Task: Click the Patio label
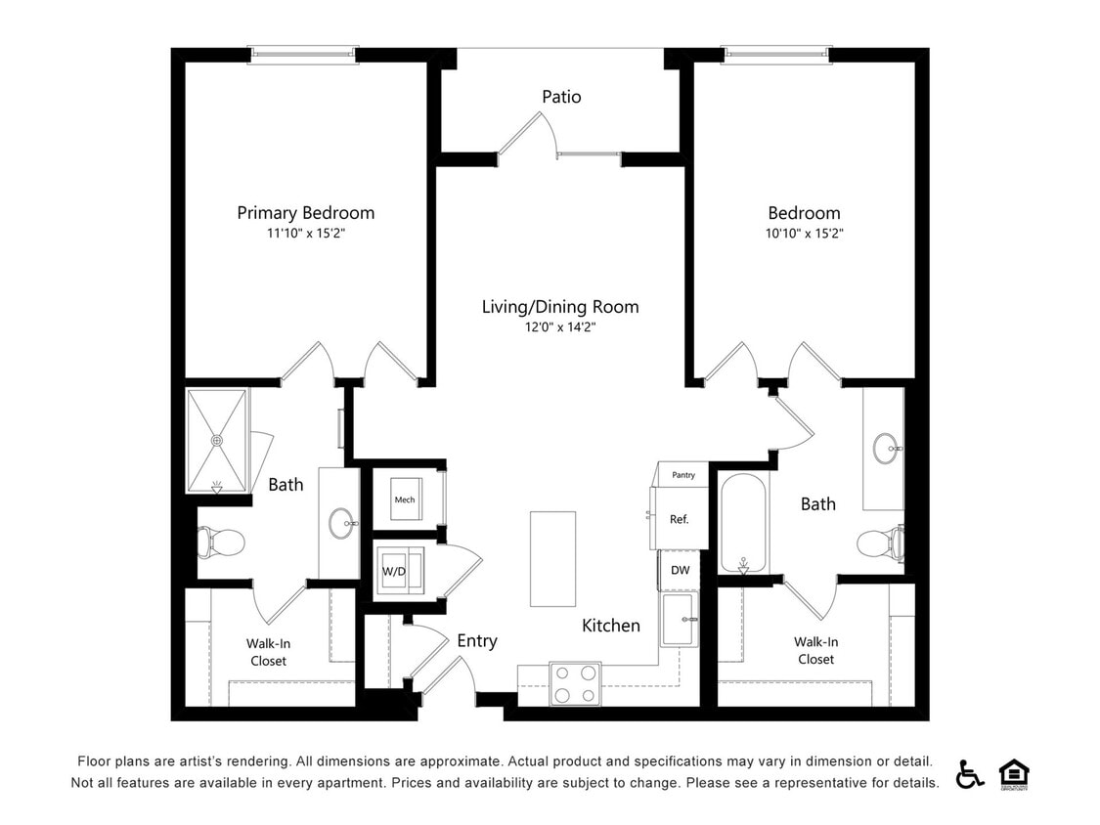[x=561, y=97]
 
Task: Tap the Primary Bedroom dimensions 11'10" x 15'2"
[x=305, y=234]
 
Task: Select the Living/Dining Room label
[x=560, y=307]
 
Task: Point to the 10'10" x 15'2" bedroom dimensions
[x=804, y=234]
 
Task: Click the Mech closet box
[x=404, y=499]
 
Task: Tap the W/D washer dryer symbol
[x=395, y=571]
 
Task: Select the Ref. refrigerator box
[x=679, y=519]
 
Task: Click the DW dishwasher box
[x=679, y=569]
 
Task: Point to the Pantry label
[x=683, y=475]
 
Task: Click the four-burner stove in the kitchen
[x=575, y=683]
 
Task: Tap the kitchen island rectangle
[x=548, y=558]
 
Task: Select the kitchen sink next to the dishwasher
[x=680, y=620]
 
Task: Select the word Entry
[x=477, y=641]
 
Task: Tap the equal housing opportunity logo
[x=1014, y=773]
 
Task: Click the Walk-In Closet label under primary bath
[x=267, y=652]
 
